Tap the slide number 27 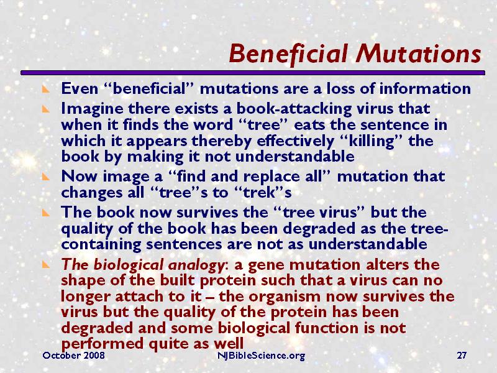click(x=462, y=356)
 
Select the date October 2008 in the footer click(x=73, y=356)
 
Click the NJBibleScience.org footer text click(x=261, y=356)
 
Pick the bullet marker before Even click(x=45, y=90)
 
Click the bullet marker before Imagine click(x=45, y=109)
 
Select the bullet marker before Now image click(x=45, y=177)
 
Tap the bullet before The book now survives click(x=45, y=212)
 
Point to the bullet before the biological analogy click(x=45, y=264)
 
